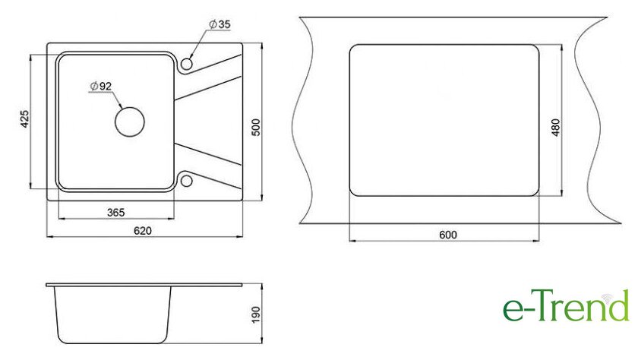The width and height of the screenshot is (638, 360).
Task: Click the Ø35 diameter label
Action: [x=220, y=24]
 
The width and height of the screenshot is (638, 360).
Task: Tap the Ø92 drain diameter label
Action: [x=101, y=87]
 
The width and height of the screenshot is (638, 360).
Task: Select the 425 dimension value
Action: [x=25, y=118]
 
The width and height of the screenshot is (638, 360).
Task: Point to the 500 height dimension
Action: [x=255, y=128]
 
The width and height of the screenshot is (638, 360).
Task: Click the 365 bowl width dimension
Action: [x=116, y=213]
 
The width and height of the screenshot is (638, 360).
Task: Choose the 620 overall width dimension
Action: [x=143, y=231]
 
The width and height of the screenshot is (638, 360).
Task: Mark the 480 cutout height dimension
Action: [x=555, y=128]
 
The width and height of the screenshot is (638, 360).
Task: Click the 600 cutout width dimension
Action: [x=448, y=235]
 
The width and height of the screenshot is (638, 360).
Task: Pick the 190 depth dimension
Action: [x=255, y=314]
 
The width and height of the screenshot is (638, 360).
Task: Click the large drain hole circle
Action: [x=129, y=107]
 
